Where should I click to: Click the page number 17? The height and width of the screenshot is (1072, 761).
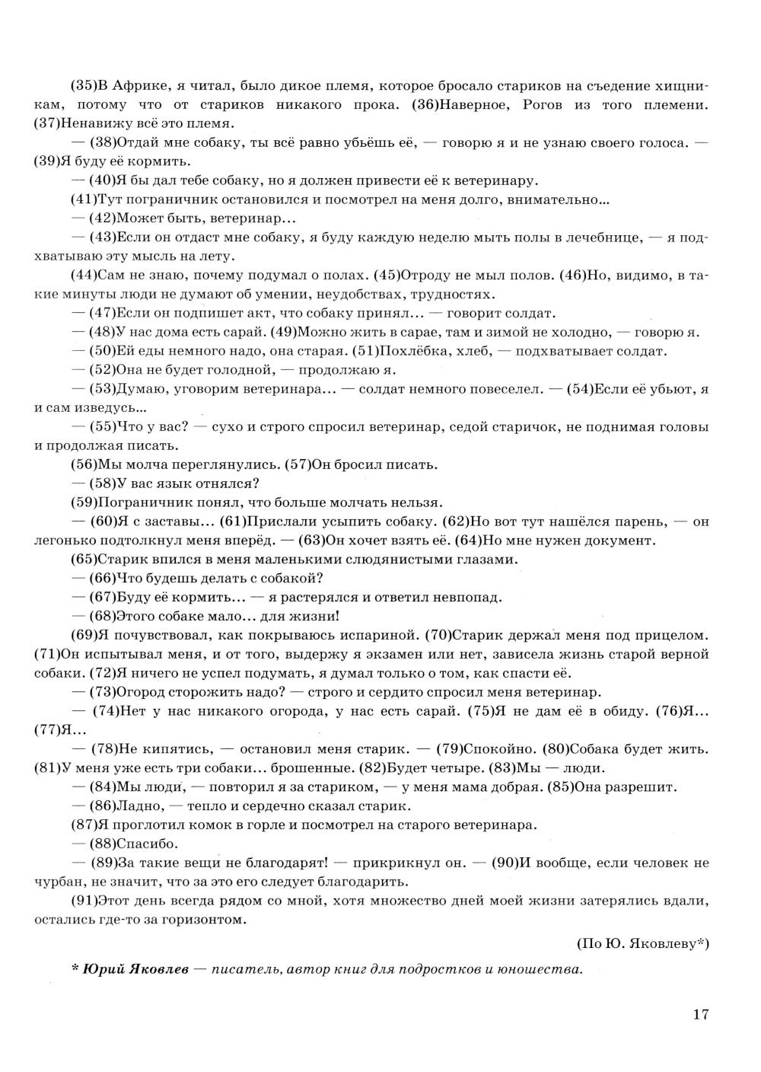tap(701, 1014)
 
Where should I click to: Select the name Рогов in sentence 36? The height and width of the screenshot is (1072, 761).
tap(546, 104)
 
